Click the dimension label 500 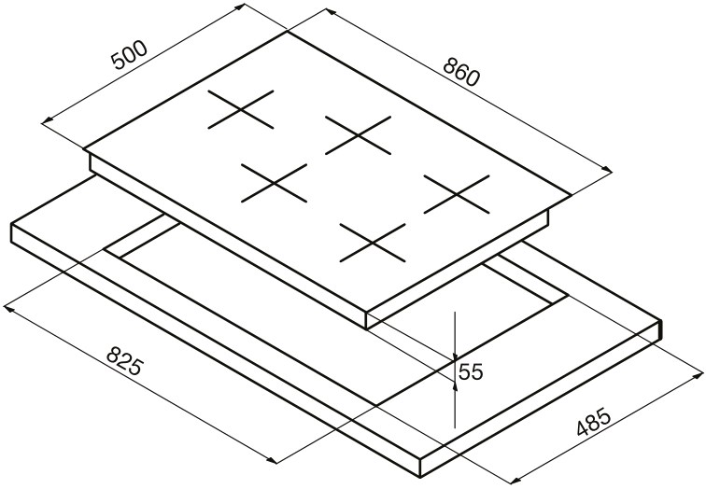point(130,55)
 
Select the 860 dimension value point(462,72)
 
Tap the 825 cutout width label point(125,360)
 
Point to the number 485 point(593,422)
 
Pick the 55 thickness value point(471,371)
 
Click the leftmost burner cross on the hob point(241,109)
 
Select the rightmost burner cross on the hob point(457,194)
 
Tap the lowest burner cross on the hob point(373,243)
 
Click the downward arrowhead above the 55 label point(455,355)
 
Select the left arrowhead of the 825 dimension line point(9,310)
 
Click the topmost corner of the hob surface point(287,32)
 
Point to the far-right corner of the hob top point(571,195)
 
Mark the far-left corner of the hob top point(84,148)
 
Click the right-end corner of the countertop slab point(661,320)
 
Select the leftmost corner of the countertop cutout point(104,249)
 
